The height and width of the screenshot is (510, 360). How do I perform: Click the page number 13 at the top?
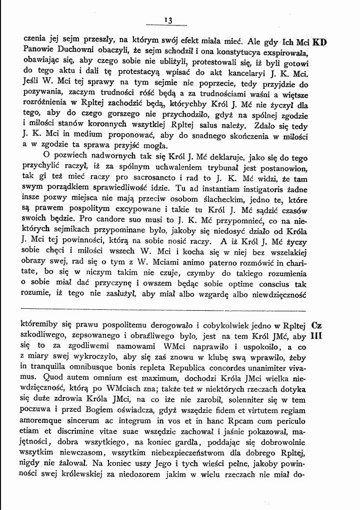[x=167, y=20]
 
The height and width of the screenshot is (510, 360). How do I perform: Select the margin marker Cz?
[x=316, y=325]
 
